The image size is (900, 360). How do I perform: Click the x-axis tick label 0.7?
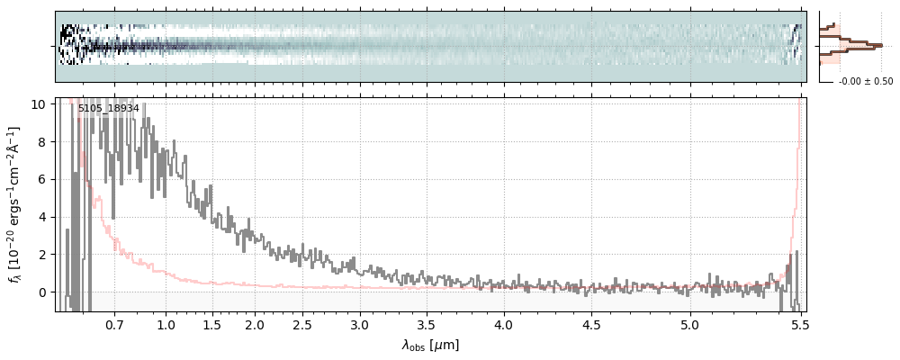click(x=114, y=324)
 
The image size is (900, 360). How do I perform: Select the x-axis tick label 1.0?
click(x=166, y=324)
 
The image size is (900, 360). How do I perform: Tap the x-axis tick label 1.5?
click(x=212, y=324)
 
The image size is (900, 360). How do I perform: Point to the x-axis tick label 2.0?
click(x=255, y=324)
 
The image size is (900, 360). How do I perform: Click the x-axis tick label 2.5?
click(x=303, y=324)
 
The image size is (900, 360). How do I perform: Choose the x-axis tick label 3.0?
click(x=360, y=324)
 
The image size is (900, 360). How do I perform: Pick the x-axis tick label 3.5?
click(x=427, y=324)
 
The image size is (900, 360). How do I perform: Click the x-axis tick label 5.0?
click(x=689, y=324)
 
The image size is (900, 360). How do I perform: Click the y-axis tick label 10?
click(x=39, y=104)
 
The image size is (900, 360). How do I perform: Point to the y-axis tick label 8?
click(x=42, y=142)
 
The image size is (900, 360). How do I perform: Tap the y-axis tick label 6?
click(x=42, y=180)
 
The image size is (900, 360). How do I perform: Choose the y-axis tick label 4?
click(x=42, y=217)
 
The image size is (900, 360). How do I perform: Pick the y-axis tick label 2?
click(x=42, y=255)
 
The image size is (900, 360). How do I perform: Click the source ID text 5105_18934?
click(x=108, y=109)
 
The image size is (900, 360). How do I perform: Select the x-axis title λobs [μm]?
click(x=430, y=345)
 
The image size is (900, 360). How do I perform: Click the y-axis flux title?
click(x=15, y=205)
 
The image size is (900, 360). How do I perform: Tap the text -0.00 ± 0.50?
click(x=866, y=82)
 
